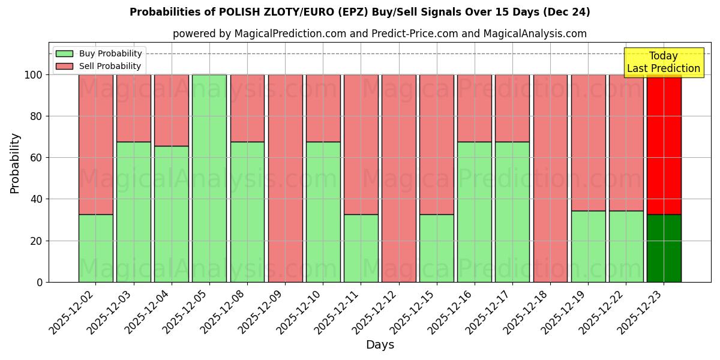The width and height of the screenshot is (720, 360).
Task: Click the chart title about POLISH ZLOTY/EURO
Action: (x=359, y=12)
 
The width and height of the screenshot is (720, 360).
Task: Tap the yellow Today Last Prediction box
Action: (x=663, y=62)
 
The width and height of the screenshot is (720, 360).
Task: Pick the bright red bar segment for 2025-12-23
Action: (x=664, y=144)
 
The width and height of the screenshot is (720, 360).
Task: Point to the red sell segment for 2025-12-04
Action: (x=172, y=110)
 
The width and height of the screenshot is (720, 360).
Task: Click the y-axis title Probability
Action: (x=15, y=163)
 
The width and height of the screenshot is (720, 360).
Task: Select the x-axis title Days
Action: (x=380, y=345)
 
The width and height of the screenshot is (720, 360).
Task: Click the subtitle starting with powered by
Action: (x=379, y=34)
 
